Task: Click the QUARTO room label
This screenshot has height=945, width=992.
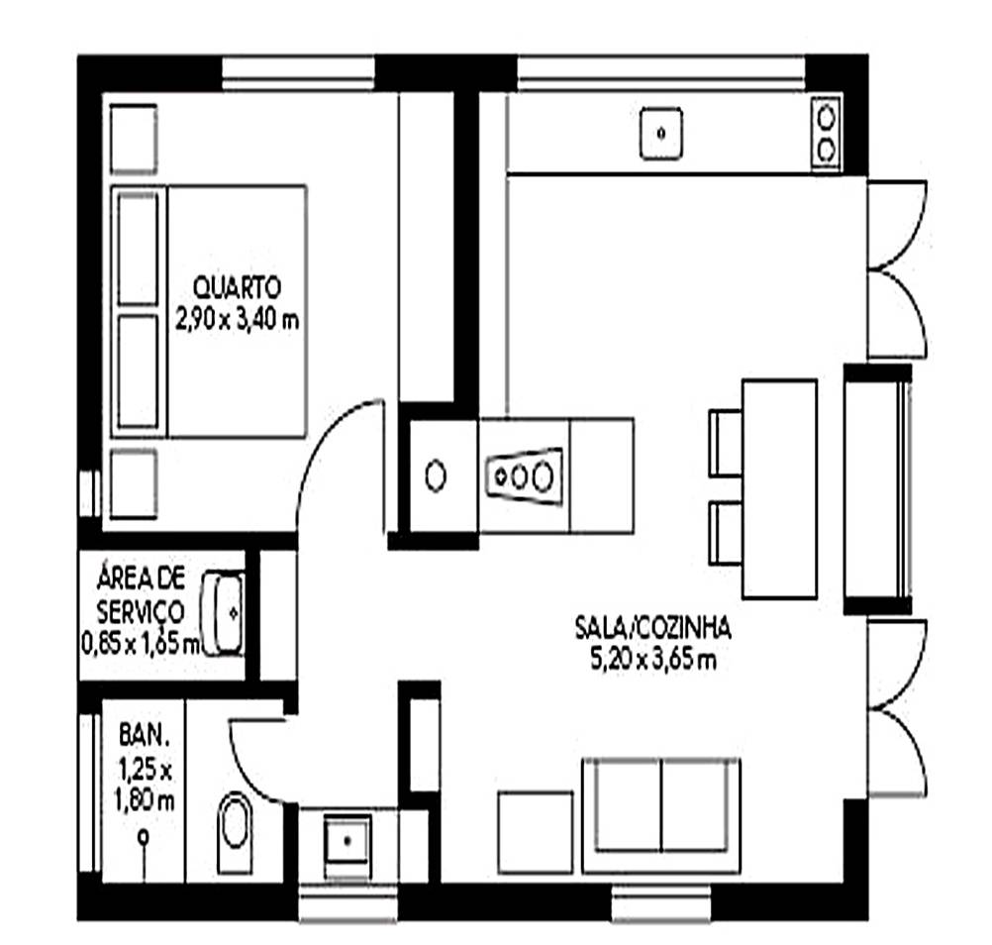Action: click(237, 288)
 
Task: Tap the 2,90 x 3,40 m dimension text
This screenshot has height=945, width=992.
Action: click(237, 320)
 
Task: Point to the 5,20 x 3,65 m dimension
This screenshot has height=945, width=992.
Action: click(652, 660)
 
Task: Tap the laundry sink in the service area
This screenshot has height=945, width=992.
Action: click(224, 613)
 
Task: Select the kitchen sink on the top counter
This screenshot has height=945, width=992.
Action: click(661, 134)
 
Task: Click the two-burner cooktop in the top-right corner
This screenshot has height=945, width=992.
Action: click(826, 134)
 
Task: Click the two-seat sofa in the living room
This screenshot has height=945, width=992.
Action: click(661, 815)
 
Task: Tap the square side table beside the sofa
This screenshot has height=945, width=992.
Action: click(536, 832)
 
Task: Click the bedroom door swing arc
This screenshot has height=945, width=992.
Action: click(323, 443)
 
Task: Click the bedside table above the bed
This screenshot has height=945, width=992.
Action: click(134, 140)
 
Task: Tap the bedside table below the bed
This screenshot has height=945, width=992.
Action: click(134, 483)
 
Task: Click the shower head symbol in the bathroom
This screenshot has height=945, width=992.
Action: click(144, 837)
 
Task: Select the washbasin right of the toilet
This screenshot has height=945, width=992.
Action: click(347, 841)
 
